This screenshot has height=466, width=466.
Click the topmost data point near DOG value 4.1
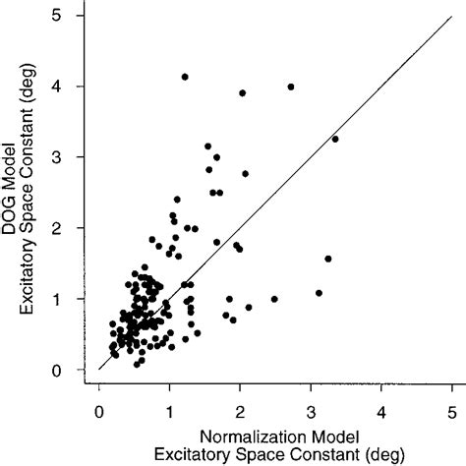[x=185, y=77]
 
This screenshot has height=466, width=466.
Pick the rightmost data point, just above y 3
[x=335, y=139]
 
